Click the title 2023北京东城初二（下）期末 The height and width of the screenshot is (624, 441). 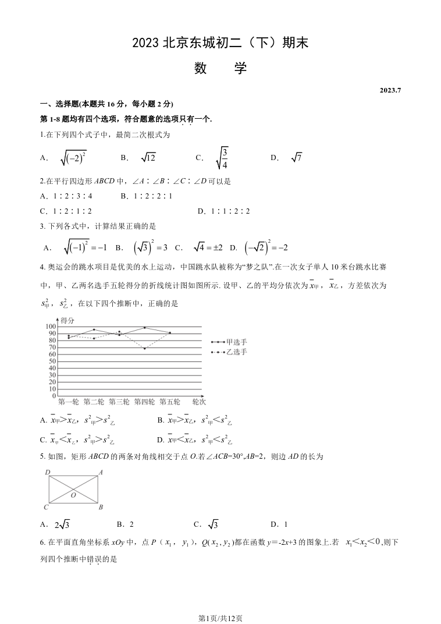220,42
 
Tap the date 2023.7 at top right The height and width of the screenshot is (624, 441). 391,90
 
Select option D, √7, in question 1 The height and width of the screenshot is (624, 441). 296,157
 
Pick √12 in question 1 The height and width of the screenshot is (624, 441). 148,157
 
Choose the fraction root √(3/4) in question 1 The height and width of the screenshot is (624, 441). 222,157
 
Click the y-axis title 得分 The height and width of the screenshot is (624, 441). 67,320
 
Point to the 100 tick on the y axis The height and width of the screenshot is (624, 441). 49,327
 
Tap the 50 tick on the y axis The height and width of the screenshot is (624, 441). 51,361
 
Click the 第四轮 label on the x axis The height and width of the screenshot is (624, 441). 145,402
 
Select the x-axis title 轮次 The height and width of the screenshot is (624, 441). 199,402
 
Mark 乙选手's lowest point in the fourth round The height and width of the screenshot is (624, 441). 144,348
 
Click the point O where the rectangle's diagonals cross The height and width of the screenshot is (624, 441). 74,488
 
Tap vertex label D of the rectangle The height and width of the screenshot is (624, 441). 47,473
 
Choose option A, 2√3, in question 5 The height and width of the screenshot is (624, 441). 62,524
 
